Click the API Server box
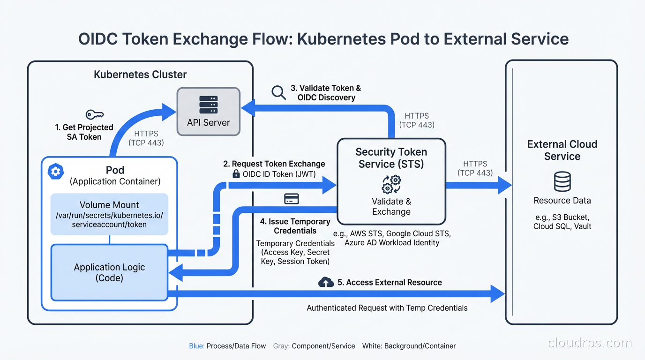point(208,112)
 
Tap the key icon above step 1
point(94,115)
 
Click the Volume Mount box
point(109,214)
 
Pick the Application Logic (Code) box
point(109,272)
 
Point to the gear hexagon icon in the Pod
point(56,172)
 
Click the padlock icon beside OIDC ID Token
point(236,174)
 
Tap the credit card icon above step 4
point(291,199)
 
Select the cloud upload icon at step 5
point(326,282)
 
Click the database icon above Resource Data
point(562,181)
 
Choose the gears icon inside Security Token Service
point(391,184)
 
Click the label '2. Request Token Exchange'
point(274,164)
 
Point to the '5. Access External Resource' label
point(390,282)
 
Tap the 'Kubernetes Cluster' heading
point(140,75)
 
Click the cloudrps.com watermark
point(589,343)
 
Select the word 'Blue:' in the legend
point(197,346)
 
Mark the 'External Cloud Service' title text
point(562,150)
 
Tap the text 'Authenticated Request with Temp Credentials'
point(387,308)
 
